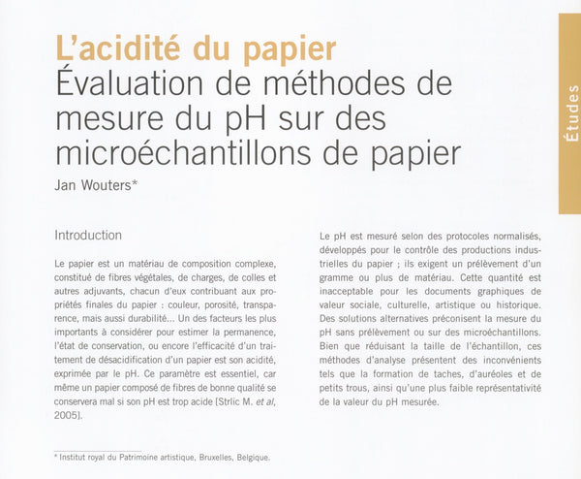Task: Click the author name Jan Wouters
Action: point(96,184)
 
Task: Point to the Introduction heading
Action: point(88,235)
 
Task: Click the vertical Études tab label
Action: point(570,114)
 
